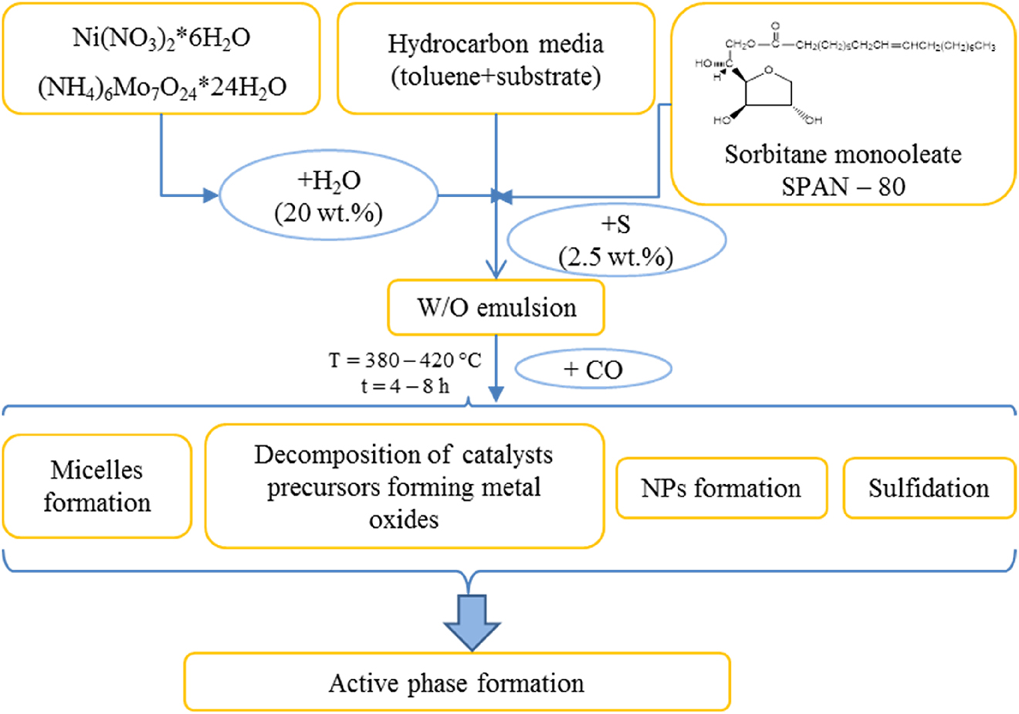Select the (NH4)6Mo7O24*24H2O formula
[161, 87]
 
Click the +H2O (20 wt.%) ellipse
[329, 196]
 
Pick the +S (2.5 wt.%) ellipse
[615, 242]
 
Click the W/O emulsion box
[496, 308]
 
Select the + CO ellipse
[592, 370]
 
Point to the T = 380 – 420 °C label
[405, 360]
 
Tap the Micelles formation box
[96, 486]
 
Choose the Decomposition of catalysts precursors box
[403, 486]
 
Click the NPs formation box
[721, 488]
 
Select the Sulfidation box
[929, 488]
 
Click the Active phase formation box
[456, 682]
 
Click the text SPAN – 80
[843, 187]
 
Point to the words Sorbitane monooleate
[843, 154]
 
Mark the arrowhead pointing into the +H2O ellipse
[211, 196]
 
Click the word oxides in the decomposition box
[403, 519]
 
